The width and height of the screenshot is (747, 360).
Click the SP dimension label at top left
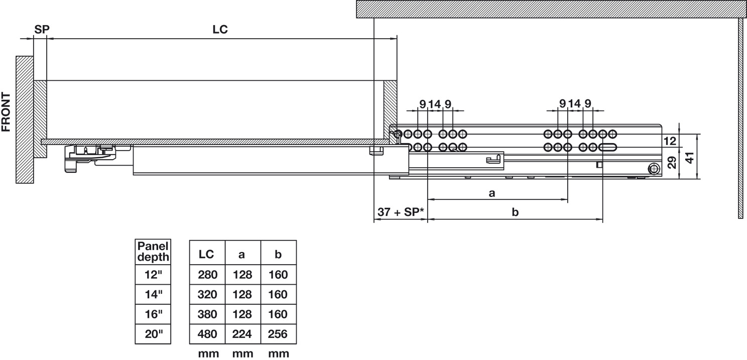[42, 29]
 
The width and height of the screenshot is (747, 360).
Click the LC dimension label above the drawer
[220, 29]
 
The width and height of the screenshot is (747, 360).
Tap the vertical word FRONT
[6, 112]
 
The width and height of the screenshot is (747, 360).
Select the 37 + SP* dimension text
[401, 212]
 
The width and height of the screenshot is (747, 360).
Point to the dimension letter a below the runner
[492, 193]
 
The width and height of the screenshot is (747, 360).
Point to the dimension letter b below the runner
[515, 212]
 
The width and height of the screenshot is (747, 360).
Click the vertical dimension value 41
[690, 158]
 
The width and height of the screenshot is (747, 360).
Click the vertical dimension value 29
[672, 163]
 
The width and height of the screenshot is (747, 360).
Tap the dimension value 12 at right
[670, 141]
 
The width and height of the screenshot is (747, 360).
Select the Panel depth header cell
[153, 252]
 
